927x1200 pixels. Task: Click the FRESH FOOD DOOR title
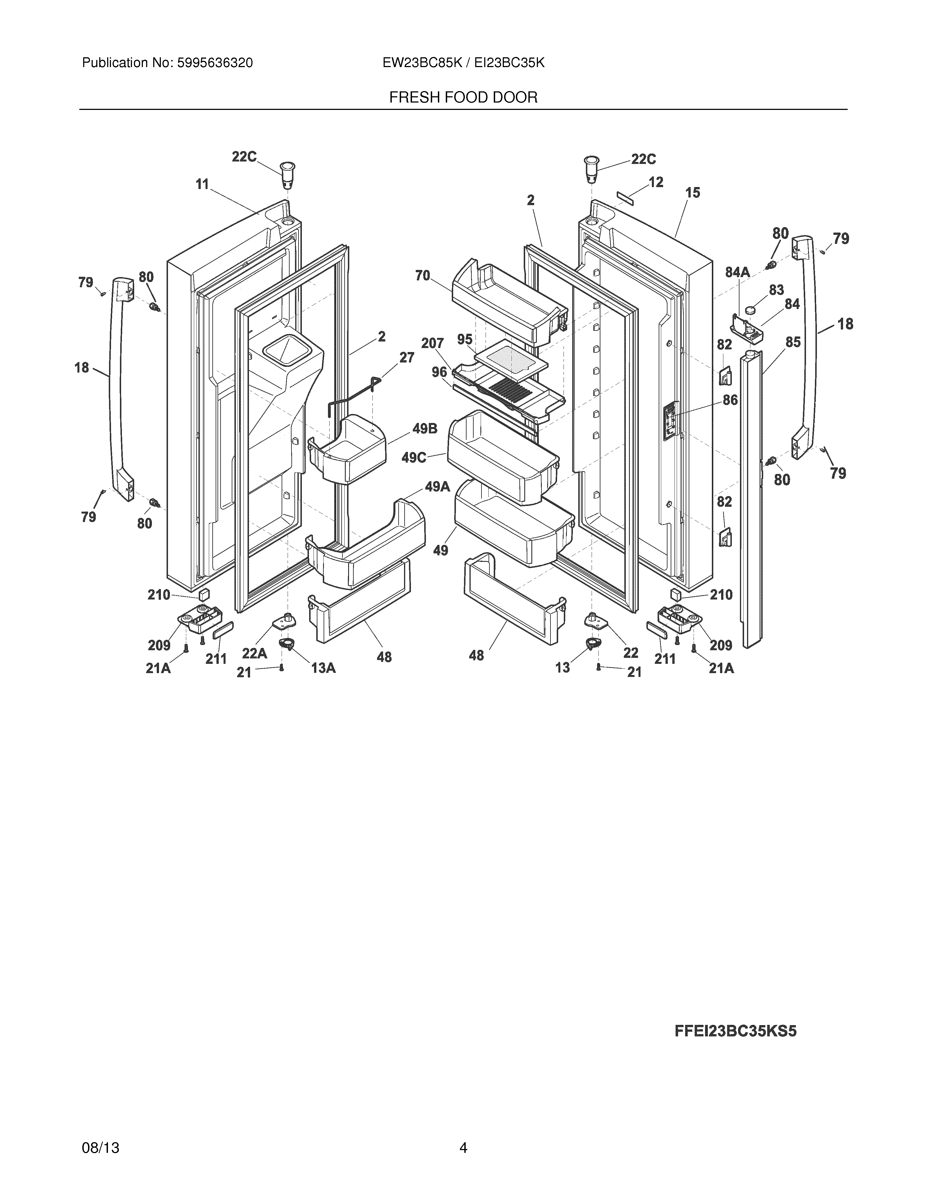pyautogui.click(x=463, y=98)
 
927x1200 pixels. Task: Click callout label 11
pyautogui.click(x=203, y=185)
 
